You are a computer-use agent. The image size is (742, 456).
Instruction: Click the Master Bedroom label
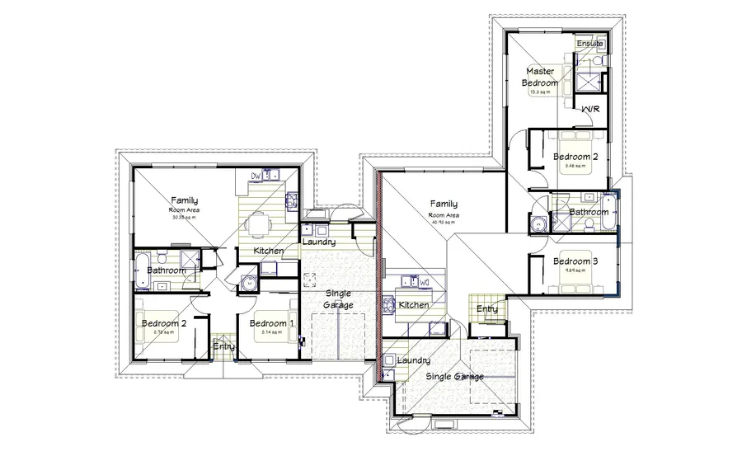click(541, 78)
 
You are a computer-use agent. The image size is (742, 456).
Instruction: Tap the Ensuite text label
click(589, 43)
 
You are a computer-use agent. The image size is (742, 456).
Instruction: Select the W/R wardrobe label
click(590, 109)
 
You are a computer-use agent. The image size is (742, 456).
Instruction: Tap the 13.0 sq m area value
click(538, 92)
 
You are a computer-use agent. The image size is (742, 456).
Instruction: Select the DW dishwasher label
click(256, 176)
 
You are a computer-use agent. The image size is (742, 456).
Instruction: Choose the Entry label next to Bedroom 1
click(223, 346)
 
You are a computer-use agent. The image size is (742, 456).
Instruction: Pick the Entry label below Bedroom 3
click(486, 308)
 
